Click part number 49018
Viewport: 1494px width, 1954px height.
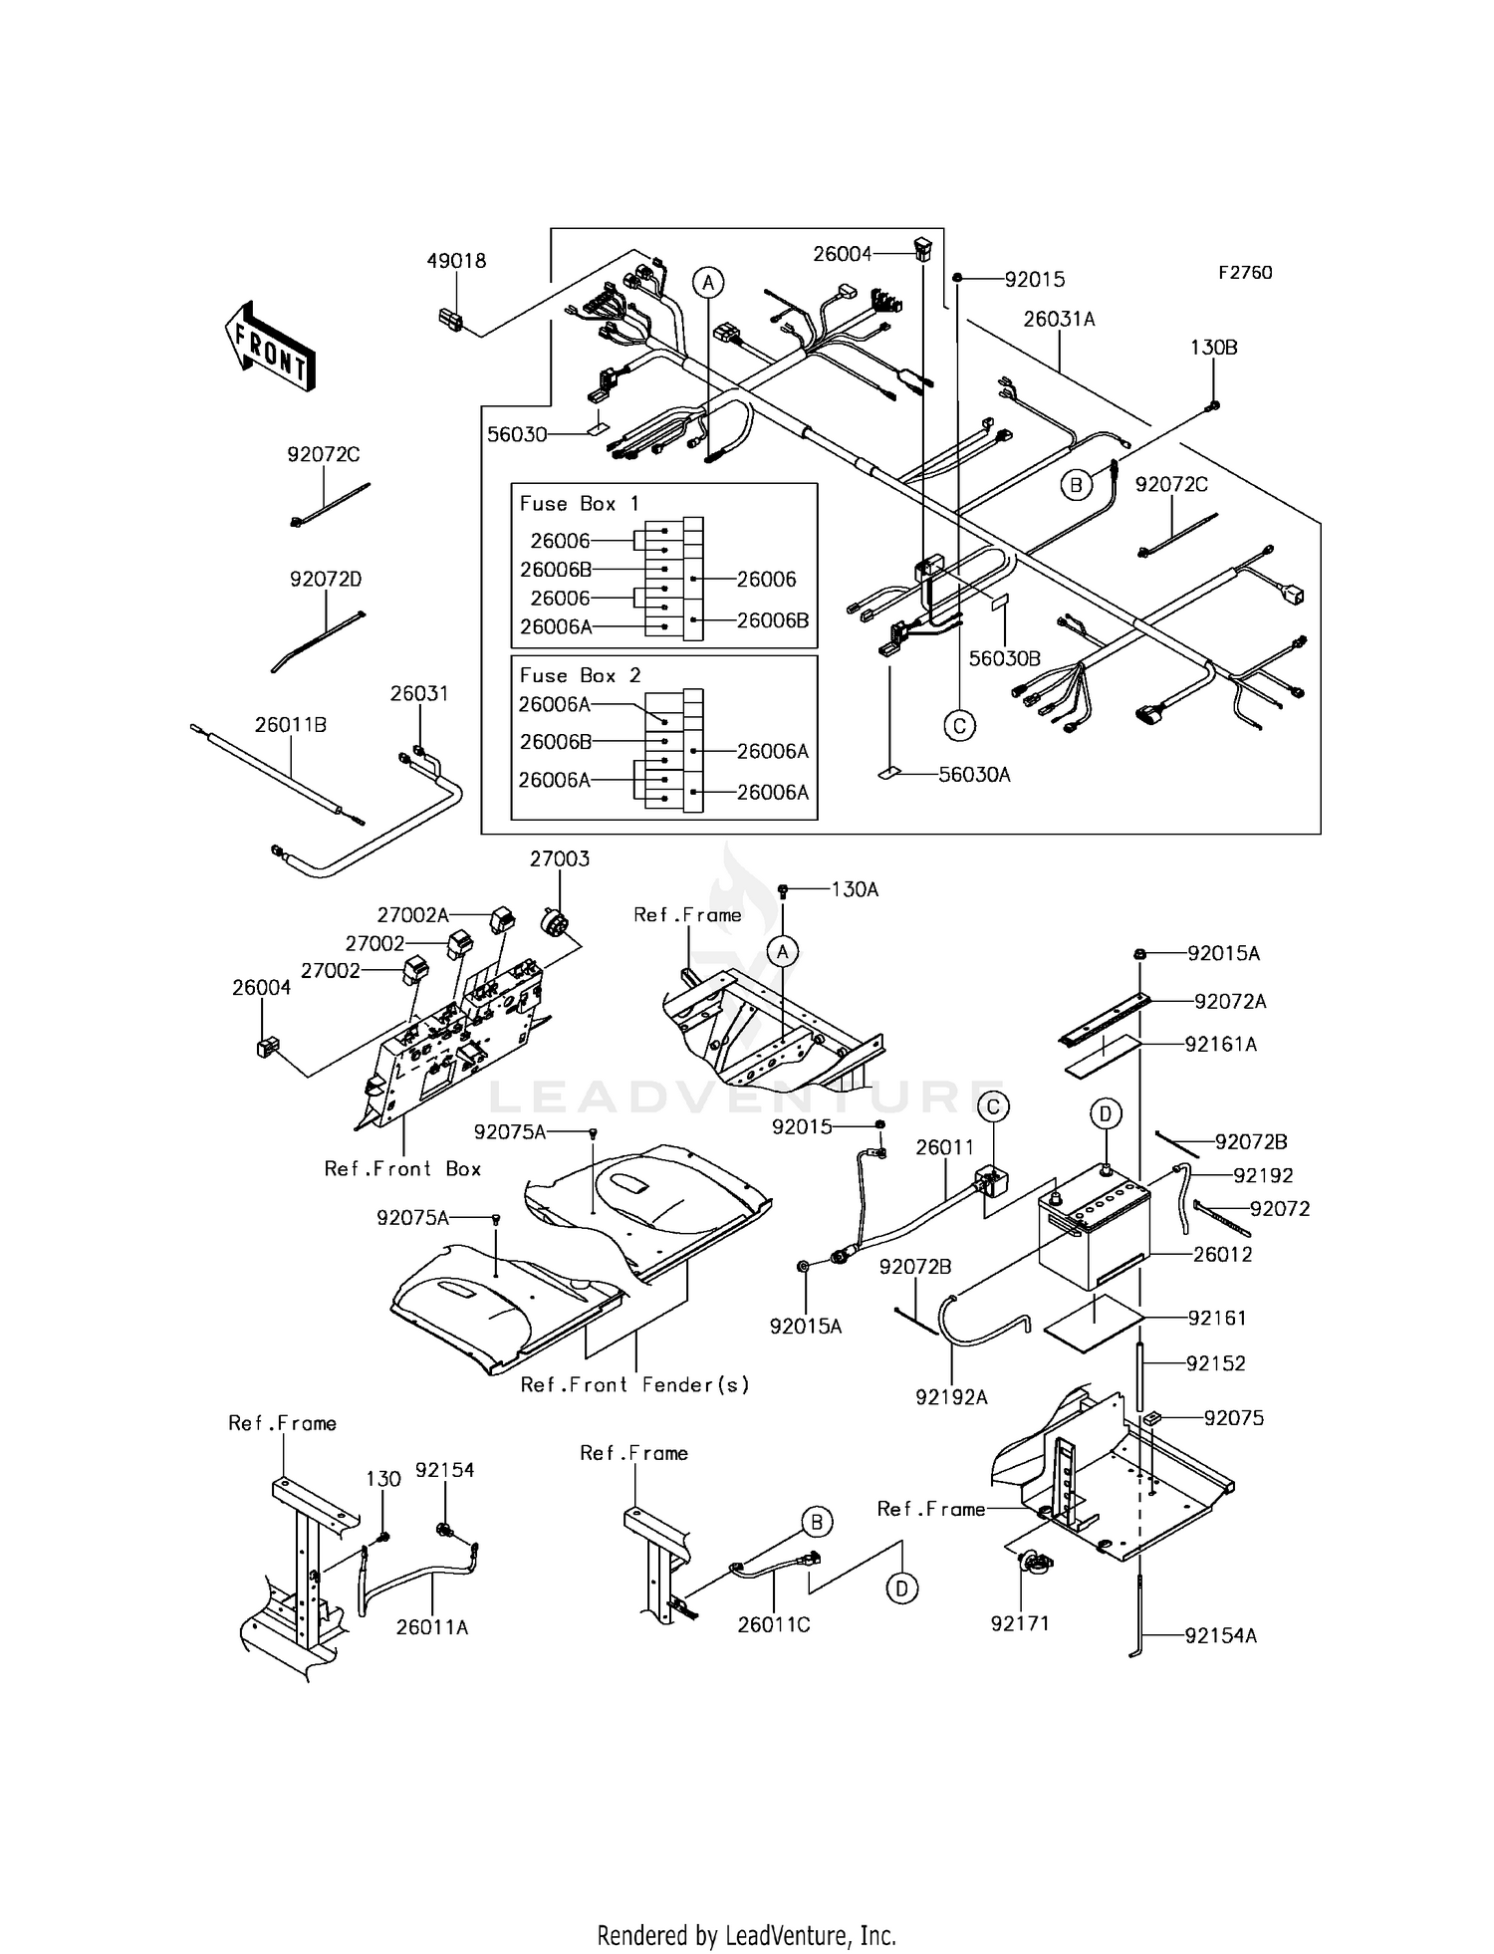point(456,261)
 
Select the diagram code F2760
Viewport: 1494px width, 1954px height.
point(1244,273)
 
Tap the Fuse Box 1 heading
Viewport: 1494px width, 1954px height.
point(579,504)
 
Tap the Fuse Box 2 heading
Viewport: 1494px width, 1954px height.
point(580,675)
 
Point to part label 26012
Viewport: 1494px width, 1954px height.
point(1222,1254)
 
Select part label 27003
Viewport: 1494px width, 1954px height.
point(559,858)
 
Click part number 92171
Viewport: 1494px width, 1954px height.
point(1020,1623)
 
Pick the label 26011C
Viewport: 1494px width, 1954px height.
point(773,1624)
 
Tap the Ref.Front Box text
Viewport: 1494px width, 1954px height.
point(402,1168)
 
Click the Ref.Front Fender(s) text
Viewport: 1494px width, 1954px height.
point(634,1384)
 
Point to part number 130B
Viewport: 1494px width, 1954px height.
point(1213,348)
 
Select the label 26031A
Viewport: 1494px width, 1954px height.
point(1059,319)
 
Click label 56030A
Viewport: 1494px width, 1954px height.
point(974,775)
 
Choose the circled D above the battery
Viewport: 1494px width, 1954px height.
point(1106,1113)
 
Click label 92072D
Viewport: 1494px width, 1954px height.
point(325,579)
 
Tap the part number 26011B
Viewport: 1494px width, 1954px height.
point(290,725)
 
